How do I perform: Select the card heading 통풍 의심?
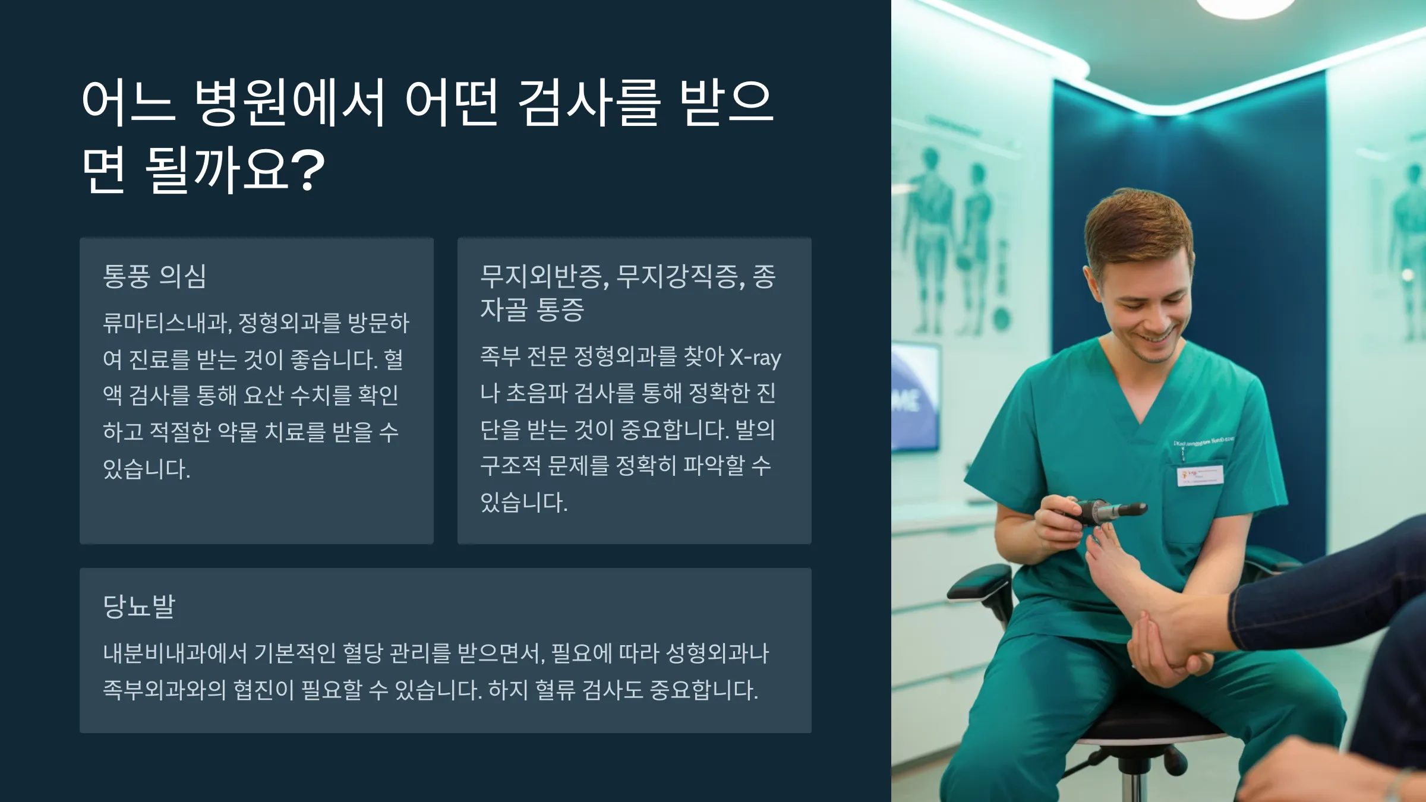(x=154, y=276)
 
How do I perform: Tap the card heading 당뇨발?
(x=139, y=606)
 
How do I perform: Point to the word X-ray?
(x=755, y=358)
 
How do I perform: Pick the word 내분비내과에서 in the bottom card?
(x=175, y=653)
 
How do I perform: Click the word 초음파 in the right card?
(x=537, y=393)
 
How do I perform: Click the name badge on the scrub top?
(x=1200, y=475)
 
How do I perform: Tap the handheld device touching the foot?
(x=1105, y=511)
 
